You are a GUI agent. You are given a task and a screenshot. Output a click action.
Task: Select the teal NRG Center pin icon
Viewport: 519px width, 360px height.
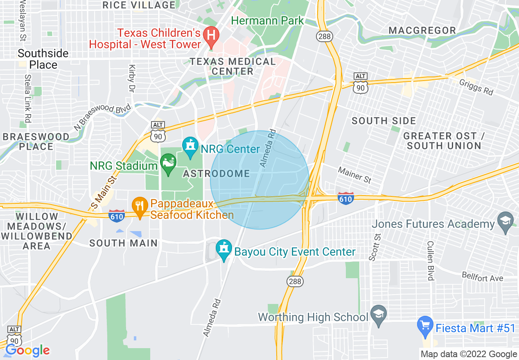[x=190, y=148]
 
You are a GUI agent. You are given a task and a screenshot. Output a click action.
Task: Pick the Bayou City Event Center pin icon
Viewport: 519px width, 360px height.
[x=224, y=250]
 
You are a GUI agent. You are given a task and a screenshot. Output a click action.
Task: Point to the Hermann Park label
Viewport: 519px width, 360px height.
[x=268, y=20]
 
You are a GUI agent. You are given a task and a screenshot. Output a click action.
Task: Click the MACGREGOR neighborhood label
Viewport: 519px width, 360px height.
[x=422, y=30]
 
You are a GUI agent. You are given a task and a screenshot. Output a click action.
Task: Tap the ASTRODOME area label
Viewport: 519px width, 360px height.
[x=217, y=173]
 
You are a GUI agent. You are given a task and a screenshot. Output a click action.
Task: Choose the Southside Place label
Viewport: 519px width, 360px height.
[x=43, y=59]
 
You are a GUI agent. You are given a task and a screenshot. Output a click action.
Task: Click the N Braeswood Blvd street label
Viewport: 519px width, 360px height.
[x=102, y=117]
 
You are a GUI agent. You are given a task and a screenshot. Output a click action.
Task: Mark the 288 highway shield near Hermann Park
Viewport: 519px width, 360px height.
[x=324, y=36]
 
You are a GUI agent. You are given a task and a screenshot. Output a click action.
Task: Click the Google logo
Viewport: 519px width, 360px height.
[x=27, y=350]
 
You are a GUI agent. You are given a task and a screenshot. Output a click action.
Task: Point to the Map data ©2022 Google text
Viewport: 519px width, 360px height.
[x=469, y=354]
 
